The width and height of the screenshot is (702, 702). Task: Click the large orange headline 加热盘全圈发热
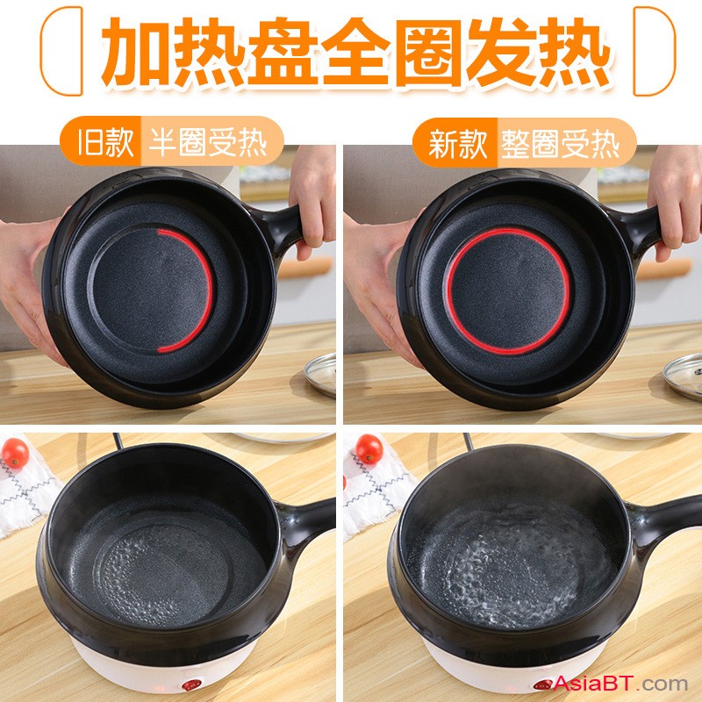[356, 52]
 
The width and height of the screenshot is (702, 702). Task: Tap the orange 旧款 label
[105, 142]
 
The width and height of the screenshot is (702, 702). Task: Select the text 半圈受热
[208, 142]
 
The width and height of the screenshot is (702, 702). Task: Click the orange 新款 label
[458, 144]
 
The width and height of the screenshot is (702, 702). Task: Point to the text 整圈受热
[560, 144]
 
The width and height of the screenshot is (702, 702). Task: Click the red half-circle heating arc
[210, 291]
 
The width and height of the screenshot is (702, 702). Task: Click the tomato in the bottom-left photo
[15, 453]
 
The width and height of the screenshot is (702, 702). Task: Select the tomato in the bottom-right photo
[369, 448]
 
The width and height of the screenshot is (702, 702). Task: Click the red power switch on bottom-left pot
[191, 685]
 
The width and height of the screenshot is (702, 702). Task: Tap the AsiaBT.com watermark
[620, 684]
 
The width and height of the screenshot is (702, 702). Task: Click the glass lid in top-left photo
[320, 375]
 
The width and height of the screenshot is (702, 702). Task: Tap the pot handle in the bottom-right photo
[663, 521]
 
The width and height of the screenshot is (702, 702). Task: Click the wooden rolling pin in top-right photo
[664, 269]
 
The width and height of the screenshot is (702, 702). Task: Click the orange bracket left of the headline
[61, 51]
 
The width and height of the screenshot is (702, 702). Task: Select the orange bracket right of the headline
[654, 51]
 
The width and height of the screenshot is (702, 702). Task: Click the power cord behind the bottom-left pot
[118, 441]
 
